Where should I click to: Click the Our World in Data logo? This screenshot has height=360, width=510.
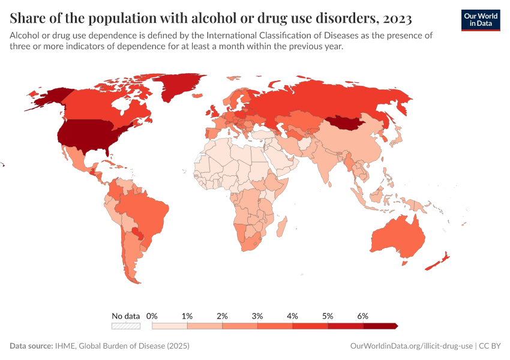tap(481, 20)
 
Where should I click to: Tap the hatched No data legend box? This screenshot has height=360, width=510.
tap(126, 326)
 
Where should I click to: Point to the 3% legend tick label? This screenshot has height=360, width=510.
tap(257, 316)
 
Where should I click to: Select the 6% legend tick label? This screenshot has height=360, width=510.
tap(362, 316)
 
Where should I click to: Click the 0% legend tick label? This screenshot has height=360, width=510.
tap(152, 316)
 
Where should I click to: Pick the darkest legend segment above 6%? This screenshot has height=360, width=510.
tap(380, 326)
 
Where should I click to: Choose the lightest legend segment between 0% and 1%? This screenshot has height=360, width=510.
tap(170, 326)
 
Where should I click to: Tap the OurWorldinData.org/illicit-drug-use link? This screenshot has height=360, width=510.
tap(410, 346)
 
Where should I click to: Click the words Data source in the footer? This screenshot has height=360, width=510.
tap(31, 346)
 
